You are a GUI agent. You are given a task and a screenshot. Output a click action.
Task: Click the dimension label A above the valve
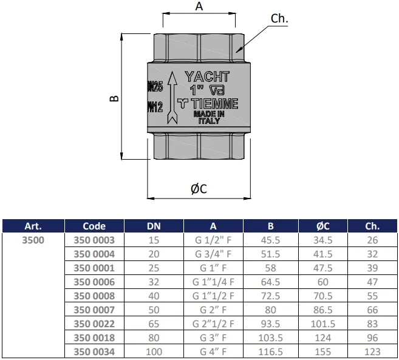[199, 6]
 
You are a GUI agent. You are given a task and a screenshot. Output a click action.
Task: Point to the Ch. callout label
[279, 19]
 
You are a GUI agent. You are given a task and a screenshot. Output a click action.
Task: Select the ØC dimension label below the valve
[199, 189]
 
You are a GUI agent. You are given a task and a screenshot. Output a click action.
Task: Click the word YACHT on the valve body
[207, 76]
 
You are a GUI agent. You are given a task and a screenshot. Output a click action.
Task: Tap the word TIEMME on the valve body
[214, 104]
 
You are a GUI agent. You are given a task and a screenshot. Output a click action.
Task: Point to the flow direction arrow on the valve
[172, 98]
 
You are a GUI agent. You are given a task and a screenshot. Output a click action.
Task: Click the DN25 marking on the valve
[155, 87]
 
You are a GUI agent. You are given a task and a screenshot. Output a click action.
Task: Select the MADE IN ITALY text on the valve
[209, 117]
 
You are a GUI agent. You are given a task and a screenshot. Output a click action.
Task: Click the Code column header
[94, 226]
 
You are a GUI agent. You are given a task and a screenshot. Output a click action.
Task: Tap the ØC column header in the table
[323, 226]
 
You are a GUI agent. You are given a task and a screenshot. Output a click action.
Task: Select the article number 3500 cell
[33, 240]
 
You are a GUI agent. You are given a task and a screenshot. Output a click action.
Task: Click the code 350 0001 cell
[94, 268]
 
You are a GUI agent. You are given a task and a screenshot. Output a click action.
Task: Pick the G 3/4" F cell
[213, 254]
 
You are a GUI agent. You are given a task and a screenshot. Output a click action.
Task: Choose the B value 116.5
[270, 352]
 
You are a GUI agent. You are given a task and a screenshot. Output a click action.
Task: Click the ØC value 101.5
[323, 324]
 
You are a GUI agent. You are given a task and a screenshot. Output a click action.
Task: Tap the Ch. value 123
[372, 352]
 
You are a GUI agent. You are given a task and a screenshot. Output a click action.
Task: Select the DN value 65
[154, 324]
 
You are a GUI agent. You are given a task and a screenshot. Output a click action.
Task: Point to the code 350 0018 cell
[94, 338]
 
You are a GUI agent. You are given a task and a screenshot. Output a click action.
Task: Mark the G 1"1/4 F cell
[213, 282]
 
